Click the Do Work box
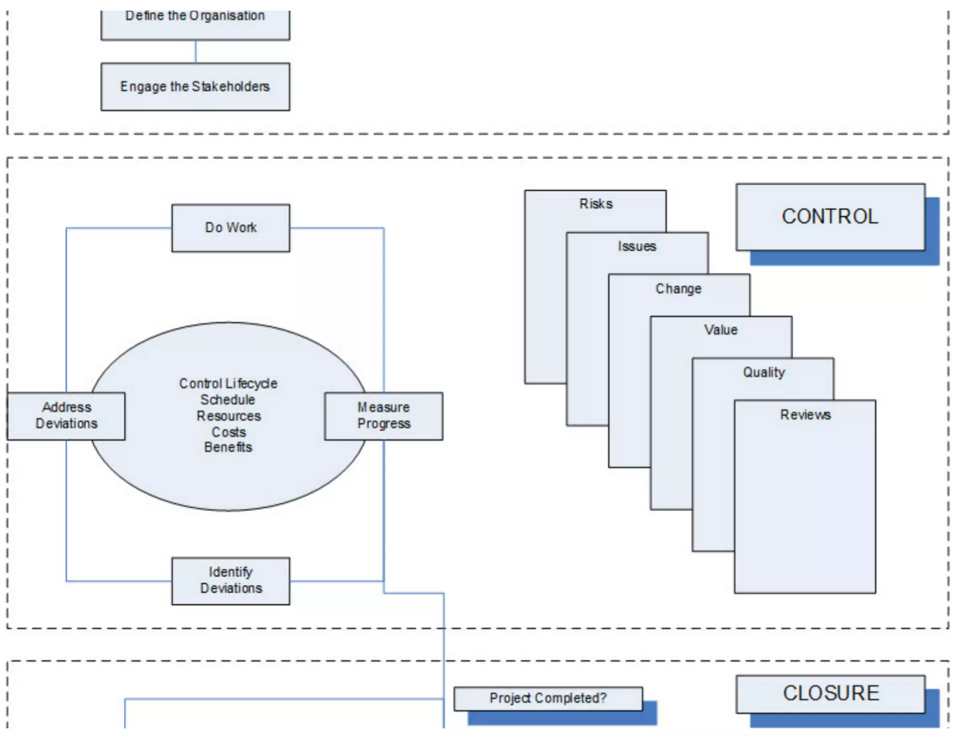click(231, 228)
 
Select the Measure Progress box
click(384, 416)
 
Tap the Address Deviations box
click(66, 416)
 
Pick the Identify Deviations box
click(231, 580)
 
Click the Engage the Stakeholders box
click(195, 87)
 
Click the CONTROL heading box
click(830, 217)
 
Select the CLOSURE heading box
click(830, 693)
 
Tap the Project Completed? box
click(548, 698)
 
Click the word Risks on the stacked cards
click(596, 204)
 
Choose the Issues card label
click(637, 247)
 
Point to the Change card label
click(678, 289)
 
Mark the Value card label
click(721, 330)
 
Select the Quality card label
click(764, 372)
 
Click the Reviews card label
click(805, 415)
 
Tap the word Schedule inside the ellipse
click(228, 400)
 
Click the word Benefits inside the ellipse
click(228, 448)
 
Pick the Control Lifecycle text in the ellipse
click(228, 384)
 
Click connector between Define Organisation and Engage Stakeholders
click(196, 51)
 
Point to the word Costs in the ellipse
click(228, 432)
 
